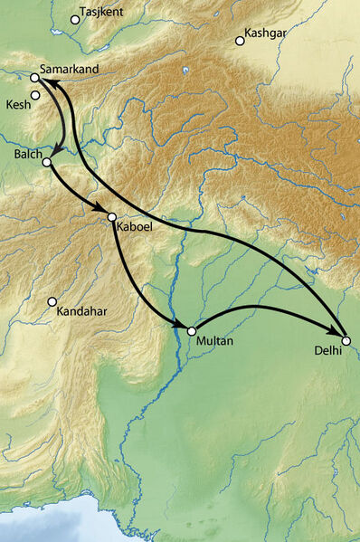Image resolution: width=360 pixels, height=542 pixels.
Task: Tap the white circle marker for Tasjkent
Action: pos(75,19)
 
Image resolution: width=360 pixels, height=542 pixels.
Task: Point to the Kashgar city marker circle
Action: pos(240,40)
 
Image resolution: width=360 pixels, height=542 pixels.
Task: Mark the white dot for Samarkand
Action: pos(34,78)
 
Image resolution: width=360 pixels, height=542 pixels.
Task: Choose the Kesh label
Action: pos(17,105)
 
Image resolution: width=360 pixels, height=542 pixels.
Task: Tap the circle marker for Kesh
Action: pos(35,94)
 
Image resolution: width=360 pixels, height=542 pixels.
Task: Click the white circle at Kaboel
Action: pos(112,217)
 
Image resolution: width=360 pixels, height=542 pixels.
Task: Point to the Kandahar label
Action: pos(81,312)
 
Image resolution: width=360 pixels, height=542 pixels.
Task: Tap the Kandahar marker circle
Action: pos(52,301)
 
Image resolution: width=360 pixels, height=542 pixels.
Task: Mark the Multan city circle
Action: pos(191,332)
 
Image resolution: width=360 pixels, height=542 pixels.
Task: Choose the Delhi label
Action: pos(327,350)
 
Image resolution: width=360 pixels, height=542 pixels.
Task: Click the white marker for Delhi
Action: pos(346,340)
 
